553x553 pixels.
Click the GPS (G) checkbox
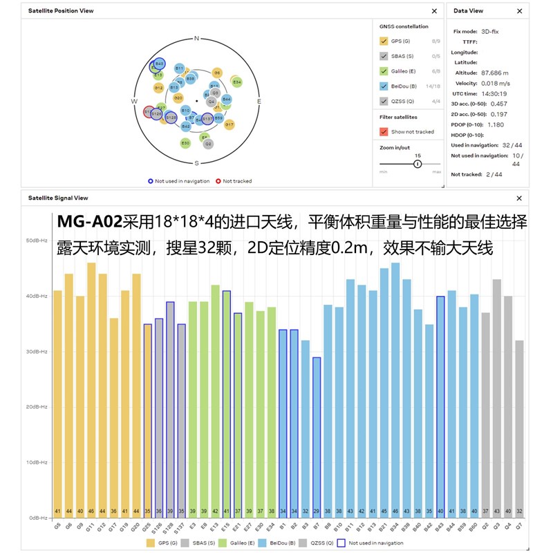click(384, 41)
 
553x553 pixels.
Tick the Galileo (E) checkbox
click(384, 71)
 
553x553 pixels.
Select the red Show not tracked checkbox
click(384, 131)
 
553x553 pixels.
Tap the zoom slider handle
click(418, 164)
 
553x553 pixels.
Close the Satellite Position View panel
click(434, 11)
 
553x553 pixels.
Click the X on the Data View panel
click(520, 11)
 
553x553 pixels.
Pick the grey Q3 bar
click(496, 397)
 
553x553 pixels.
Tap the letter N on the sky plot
click(197, 39)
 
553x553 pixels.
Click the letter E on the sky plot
click(259, 102)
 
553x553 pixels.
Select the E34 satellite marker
click(236, 82)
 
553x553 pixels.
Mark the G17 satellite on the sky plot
click(229, 124)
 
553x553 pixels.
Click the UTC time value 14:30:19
click(494, 93)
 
